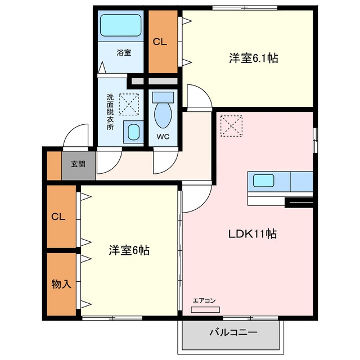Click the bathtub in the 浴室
click(120, 25)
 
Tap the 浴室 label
click(124, 52)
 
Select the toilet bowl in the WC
click(163, 115)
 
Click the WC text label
click(163, 137)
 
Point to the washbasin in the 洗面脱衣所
click(134, 132)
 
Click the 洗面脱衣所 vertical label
click(110, 112)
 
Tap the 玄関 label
click(78, 164)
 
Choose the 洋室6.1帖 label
click(254, 58)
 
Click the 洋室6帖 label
click(129, 250)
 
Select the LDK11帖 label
click(253, 234)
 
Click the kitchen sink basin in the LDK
click(264, 181)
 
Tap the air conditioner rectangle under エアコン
click(205, 309)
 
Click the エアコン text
click(204, 300)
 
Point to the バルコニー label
click(233, 332)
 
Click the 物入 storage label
click(61, 284)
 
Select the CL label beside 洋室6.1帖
click(160, 42)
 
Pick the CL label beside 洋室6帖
click(58, 217)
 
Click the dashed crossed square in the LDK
click(231, 126)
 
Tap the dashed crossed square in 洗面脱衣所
click(129, 104)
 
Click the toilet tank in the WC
click(163, 97)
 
